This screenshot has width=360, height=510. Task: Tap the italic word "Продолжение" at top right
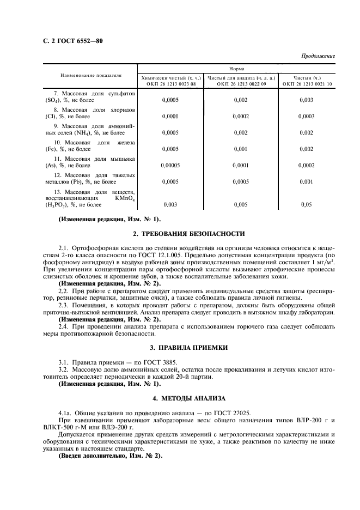pos(319,56)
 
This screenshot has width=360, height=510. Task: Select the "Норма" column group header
pos(236,69)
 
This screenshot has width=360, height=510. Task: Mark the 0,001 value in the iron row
pos(240,149)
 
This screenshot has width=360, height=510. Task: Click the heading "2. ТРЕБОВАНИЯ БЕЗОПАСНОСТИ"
pos(196,234)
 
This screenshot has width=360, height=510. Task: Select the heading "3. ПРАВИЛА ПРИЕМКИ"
pos(196,347)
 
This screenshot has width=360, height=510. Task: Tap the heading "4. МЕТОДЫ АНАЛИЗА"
pos(196,399)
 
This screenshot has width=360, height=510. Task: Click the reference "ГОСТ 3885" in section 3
pos(144,362)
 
